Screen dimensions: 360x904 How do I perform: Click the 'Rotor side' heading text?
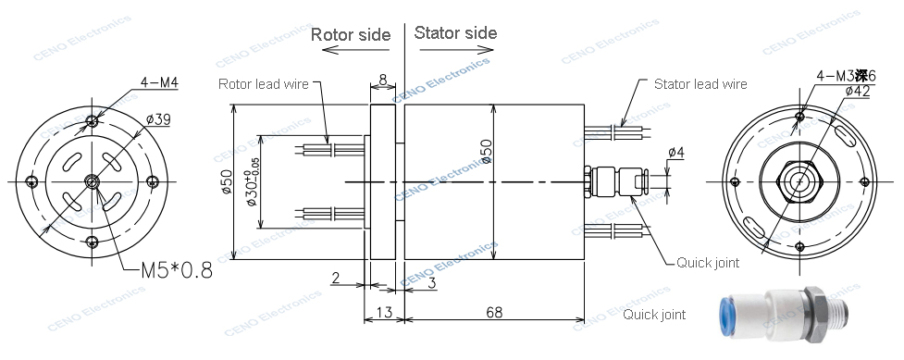coord(350,35)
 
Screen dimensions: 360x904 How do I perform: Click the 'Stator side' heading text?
coord(455,33)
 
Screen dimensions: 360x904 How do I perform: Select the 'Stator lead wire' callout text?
coord(700,84)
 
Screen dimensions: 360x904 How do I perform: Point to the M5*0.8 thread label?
coord(176,271)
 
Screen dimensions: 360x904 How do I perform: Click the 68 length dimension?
coord(494,312)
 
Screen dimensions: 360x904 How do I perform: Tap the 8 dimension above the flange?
coord(383,81)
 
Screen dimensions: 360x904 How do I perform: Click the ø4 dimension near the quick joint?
coord(675,152)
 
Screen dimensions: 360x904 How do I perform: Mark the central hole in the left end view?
coord(90,180)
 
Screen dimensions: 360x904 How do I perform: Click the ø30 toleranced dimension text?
coord(254,180)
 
